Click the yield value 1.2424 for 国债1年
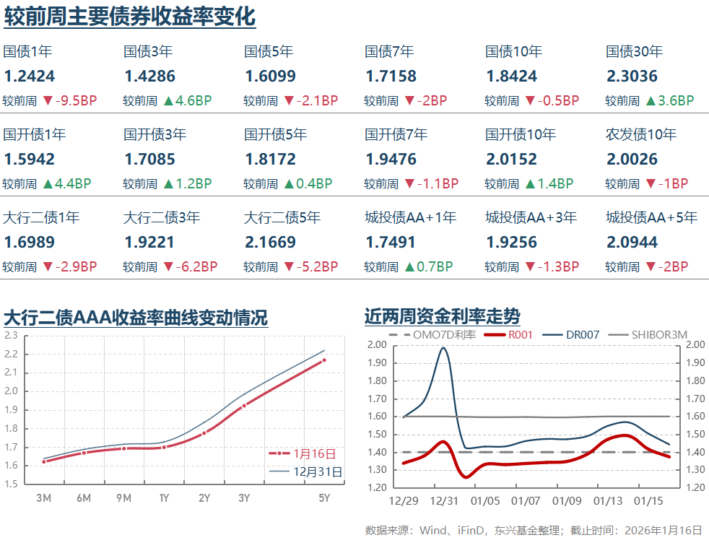point(29,77)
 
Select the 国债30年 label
point(634,52)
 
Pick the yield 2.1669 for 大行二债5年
point(270,242)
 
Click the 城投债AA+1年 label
point(410,217)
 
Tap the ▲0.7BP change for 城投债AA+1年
point(433,267)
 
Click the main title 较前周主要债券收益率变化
point(130,16)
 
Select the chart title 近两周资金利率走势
point(442,316)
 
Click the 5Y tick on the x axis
point(324,498)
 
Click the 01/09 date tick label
point(566,501)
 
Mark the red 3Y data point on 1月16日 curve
point(244,406)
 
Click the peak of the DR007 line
point(443,348)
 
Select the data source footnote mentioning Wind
point(533,531)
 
